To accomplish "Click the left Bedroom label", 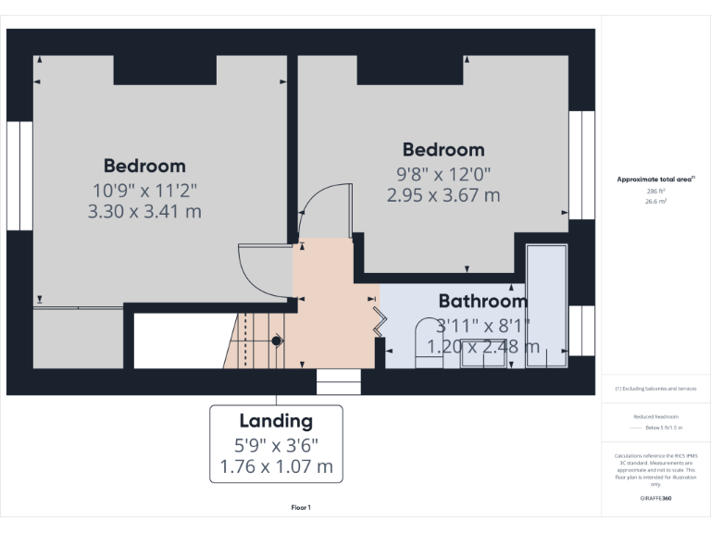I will (x=144, y=166).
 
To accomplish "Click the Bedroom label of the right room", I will (x=443, y=150).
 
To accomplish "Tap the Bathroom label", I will (x=482, y=301).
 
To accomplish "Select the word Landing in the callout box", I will (x=276, y=422).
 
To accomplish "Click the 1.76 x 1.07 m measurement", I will (x=276, y=465).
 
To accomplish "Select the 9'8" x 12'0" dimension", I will (x=443, y=173).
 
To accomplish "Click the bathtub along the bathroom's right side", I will (x=546, y=305).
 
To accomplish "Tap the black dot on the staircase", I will (x=276, y=341).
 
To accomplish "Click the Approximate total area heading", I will (x=655, y=179).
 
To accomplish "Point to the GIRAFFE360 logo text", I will (x=655, y=497).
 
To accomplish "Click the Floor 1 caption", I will (x=302, y=507).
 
